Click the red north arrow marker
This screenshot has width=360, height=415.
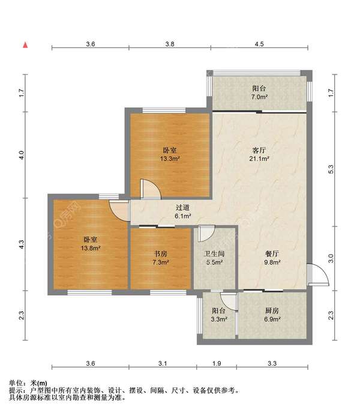click(x=25, y=45)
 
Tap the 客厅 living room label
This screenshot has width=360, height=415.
click(x=259, y=150)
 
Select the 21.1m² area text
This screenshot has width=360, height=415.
click(x=259, y=159)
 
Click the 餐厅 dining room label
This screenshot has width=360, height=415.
click(x=272, y=254)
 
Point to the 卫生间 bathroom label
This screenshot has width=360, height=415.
click(x=214, y=254)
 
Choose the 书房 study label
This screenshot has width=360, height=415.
click(x=160, y=254)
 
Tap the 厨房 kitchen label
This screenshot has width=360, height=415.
click(x=272, y=310)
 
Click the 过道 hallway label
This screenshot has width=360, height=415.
click(x=182, y=208)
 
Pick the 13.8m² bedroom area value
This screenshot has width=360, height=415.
click(x=91, y=248)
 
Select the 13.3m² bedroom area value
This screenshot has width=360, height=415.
click(x=170, y=159)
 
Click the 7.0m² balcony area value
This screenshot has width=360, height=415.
click(x=259, y=97)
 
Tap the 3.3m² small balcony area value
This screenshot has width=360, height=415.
click(x=219, y=319)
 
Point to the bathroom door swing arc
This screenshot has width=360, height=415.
click(x=207, y=234)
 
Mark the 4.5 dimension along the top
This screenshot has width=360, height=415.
click(x=259, y=44)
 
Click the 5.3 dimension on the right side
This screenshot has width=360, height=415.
click(x=331, y=169)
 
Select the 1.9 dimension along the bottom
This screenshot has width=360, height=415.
click(x=217, y=363)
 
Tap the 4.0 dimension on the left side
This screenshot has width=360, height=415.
click(x=22, y=155)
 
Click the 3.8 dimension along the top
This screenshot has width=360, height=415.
click(x=170, y=44)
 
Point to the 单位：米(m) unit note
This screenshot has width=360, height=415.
click(x=28, y=383)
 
